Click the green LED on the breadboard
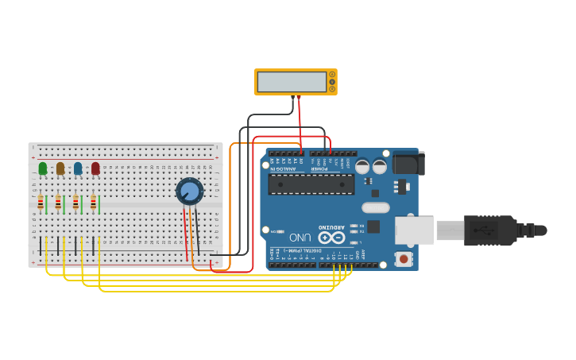pyautogui.click(x=43, y=168)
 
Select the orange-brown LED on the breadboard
pyautogui.click(x=60, y=168)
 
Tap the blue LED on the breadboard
pyautogui.click(x=78, y=168)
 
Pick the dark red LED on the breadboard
pyautogui.click(x=95, y=168)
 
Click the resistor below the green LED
pyautogui.click(x=41, y=203)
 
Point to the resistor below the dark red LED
pyautogui.click(x=93, y=203)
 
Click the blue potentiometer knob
pyautogui.click(x=189, y=192)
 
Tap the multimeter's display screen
pyautogui.click(x=292, y=81)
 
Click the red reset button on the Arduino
pyautogui.click(x=404, y=259)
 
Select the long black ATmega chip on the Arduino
pyautogui.click(x=311, y=184)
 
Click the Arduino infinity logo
pyautogui.click(x=331, y=237)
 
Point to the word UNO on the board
pyautogui.click(x=300, y=237)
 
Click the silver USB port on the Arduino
pyautogui.click(x=414, y=230)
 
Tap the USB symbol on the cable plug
pyautogui.click(x=484, y=230)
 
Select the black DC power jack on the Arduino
pyautogui.click(x=408, y=163)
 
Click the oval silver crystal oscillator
pyautogui.click(x=375, y=207)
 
